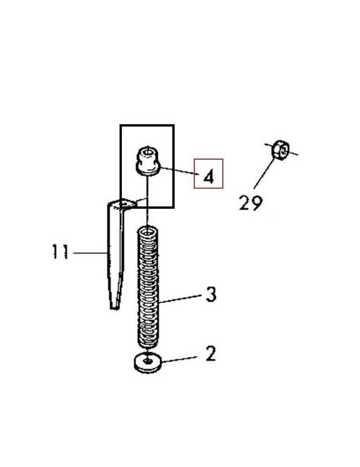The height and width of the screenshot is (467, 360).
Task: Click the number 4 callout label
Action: [208, 177]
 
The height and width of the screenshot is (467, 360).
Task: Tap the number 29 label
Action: [251, 203]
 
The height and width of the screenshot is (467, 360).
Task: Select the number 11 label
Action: [60, 252]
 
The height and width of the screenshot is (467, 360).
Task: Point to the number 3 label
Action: [211, 294]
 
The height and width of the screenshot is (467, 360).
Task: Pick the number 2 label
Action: [211, 354]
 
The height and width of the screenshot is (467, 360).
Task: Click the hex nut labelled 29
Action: [280, 150]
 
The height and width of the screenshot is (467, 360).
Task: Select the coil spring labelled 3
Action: [148, 288]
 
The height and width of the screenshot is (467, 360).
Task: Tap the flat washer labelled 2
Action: [148, 363]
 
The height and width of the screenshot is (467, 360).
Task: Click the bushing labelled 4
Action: [148, 161]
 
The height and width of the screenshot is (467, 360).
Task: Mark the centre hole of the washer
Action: [148, 361]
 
